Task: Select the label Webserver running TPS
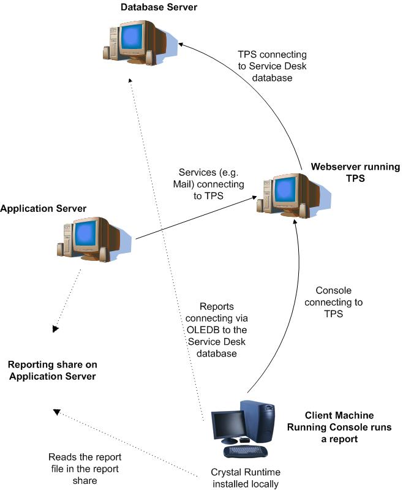pos(355,173)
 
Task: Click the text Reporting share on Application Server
pos(51,370)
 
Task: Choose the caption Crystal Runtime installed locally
pos(244,478)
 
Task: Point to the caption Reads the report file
pos(85,469)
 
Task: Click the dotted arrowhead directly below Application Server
pos(56,329)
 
